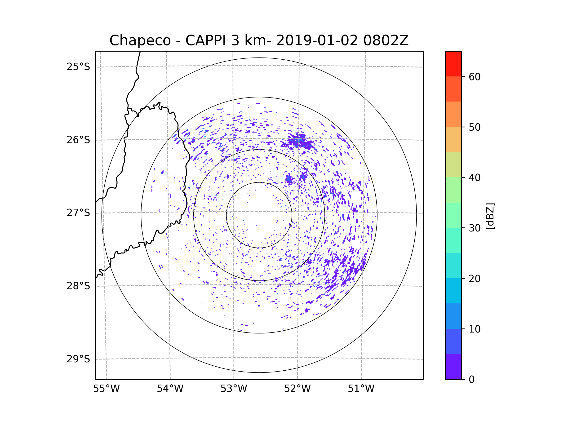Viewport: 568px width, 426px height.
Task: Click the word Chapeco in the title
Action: click(140, 40)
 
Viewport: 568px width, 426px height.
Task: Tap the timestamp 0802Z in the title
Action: click(386, 40)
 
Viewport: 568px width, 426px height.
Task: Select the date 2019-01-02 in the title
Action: click(317, 40)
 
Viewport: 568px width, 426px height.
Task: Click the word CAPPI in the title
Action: click(206, 40)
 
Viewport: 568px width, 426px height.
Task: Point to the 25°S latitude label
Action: click(78, 67)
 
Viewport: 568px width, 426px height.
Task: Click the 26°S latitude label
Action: click(78, 140)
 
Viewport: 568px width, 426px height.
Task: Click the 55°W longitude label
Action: click(106, 389)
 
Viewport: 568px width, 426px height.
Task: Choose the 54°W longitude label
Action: click(170, 389)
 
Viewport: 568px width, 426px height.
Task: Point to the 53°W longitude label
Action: click(234, 389)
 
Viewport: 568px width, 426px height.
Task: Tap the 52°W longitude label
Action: click(297, 389)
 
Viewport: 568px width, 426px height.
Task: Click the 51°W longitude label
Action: click(361, 389)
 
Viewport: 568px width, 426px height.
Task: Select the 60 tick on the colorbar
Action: click(475, 77)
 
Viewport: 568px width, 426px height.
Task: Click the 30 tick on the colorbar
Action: click(475, 228)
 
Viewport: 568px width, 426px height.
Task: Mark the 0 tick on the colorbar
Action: click(472, 380)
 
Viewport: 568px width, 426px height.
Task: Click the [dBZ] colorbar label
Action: click(490, 216)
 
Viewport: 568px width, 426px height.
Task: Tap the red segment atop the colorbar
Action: click(453, 64)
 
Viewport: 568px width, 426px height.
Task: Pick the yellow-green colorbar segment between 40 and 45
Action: click(453, 164)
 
